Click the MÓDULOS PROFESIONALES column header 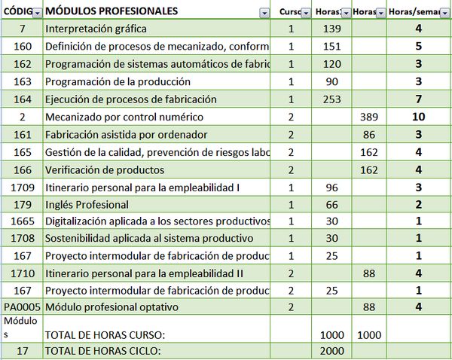tap(111, 11)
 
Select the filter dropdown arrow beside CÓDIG tap(36, 12)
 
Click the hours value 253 tap(331, 99)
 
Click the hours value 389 tap(368, 117)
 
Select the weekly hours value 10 tap(418, 117)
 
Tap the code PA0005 tap(22, 307)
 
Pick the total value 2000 tap(331, 351)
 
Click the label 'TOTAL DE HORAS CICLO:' tap(105, 351)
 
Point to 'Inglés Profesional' tap(87, 204)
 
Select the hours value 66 tap(331, 204)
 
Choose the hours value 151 tap(331, 46)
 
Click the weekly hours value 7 tap(418, 99)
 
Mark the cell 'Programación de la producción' tap(118, 81)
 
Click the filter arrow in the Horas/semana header tap(444, 12)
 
